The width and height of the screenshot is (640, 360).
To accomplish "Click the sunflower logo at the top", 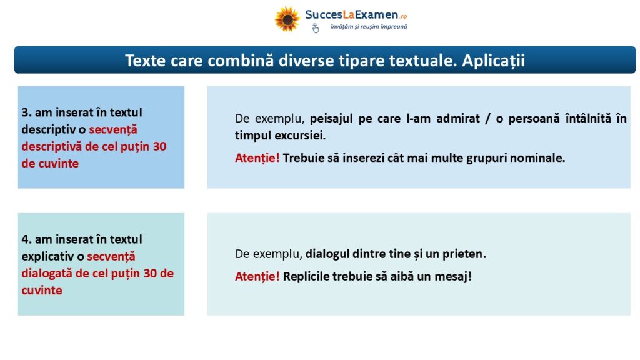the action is (x=287, y=19).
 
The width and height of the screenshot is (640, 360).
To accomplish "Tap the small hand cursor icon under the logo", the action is (x=315, y=28).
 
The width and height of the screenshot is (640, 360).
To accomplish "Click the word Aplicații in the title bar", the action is (x=494, y=61).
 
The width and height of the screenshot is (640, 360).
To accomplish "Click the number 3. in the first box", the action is (x=26, y=112).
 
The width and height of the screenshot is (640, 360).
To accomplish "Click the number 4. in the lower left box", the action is (x=26, y=239).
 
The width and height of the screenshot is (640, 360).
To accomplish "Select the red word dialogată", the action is (x=47, y=273).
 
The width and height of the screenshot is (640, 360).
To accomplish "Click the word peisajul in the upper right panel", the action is (x=332, y=119).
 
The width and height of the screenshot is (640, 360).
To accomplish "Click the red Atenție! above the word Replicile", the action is (x=257, y=276).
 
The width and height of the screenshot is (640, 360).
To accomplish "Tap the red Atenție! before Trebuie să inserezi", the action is (x=257, y=158).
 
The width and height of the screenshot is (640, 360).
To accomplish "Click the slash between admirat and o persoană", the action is (x=487, y=119).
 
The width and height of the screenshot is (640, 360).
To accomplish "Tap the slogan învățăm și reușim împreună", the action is (x=369, y=27).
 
